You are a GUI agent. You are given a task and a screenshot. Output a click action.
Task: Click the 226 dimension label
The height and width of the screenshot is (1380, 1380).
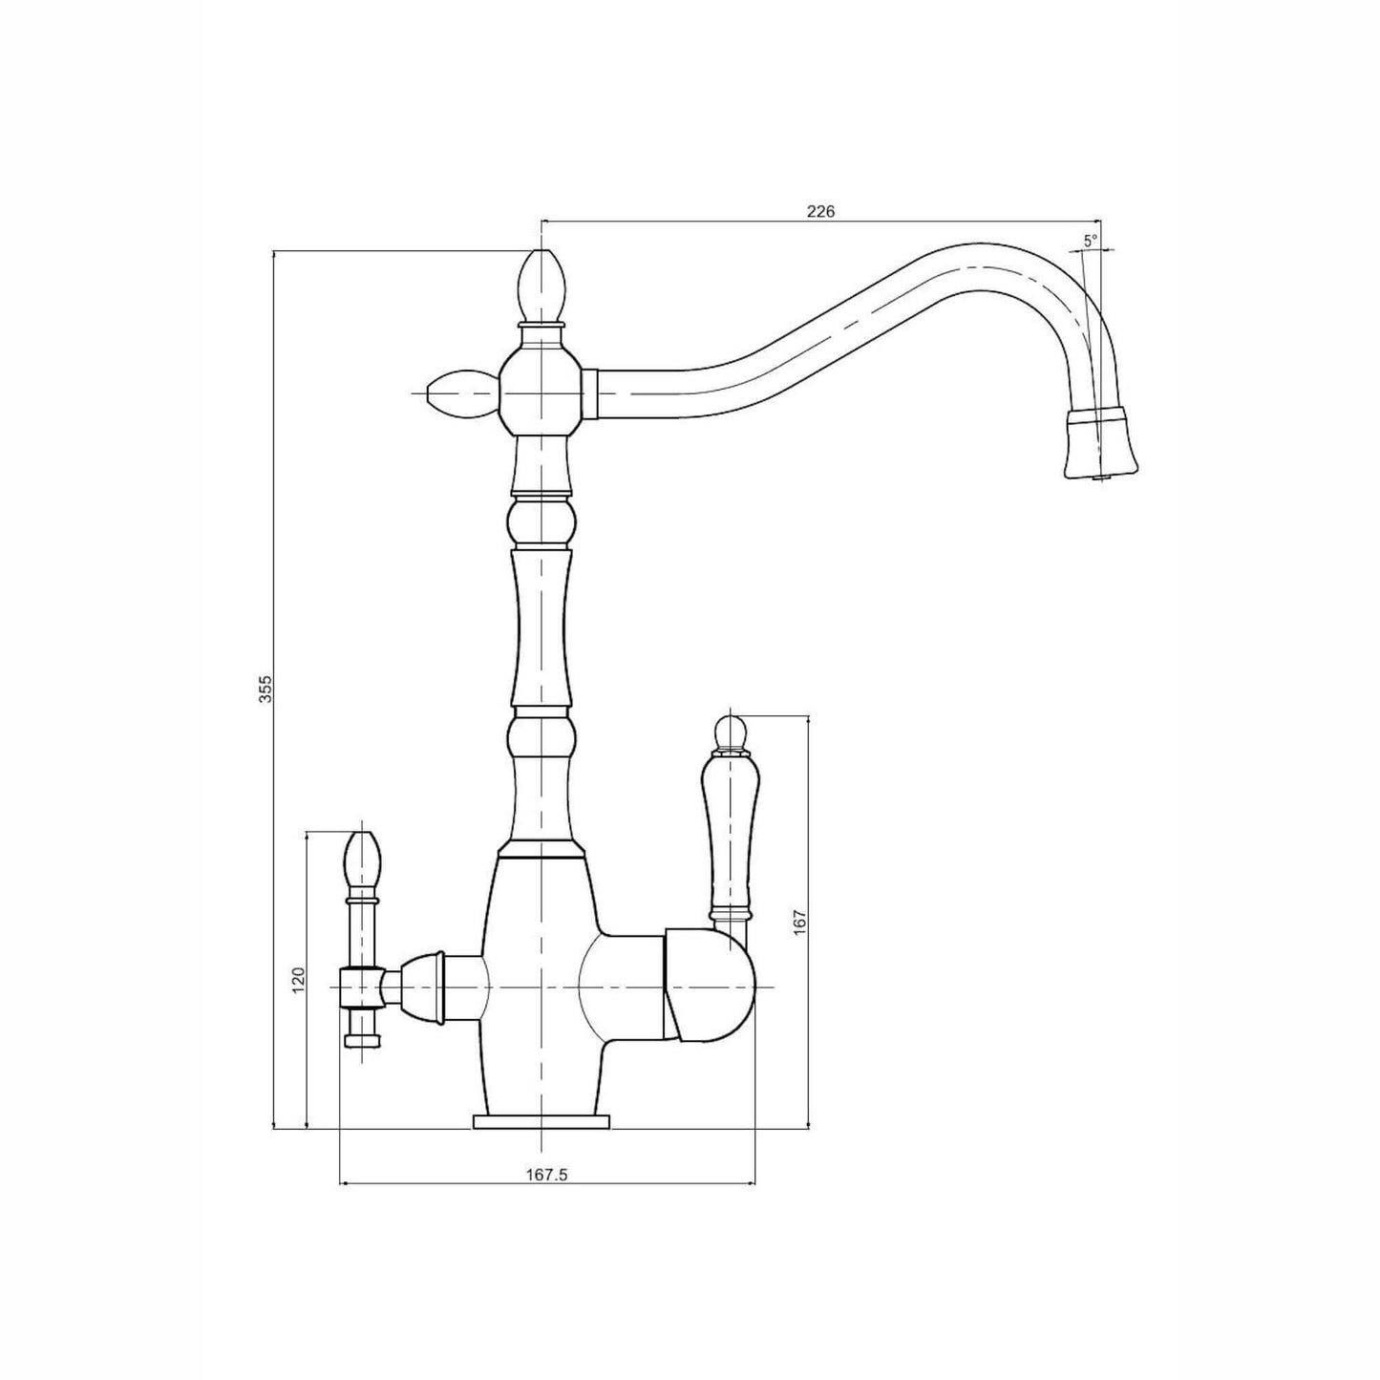(x=820, y=212)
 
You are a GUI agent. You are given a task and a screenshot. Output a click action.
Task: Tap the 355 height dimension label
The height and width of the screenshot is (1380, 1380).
(x=265, y=689)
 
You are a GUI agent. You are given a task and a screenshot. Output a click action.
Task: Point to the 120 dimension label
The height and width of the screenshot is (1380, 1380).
(x=299, y=980)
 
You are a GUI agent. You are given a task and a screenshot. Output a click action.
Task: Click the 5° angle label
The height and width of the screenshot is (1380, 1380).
(x=1090, y=242)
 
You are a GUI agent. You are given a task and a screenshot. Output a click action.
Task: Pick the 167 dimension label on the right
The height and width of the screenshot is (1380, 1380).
(x=800, y=921)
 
